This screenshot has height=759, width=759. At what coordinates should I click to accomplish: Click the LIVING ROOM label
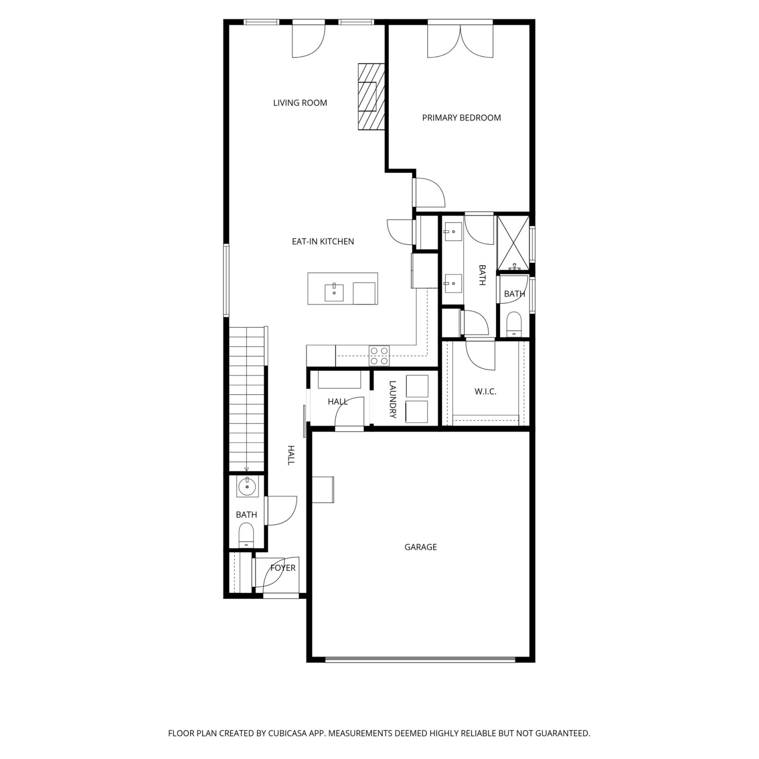pos(300,103)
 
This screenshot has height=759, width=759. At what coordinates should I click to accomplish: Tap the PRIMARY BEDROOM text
pos(461,118)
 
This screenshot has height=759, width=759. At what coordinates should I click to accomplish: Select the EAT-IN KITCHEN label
pos(323,241)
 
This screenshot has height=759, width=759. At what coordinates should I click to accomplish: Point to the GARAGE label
pos(420,547)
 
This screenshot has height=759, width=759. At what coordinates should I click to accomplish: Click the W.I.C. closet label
pos(485,391)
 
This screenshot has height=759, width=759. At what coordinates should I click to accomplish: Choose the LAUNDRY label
pos(393,400)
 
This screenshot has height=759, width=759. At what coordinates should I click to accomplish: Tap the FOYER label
pos(283,568)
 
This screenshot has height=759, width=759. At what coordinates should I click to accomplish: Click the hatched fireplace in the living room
pos(371,96)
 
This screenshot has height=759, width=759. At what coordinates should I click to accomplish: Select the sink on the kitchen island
pos(334,292)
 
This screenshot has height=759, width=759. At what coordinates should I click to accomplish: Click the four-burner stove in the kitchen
pos(379,356)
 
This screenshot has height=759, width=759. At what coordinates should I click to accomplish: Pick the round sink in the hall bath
pos(247,487)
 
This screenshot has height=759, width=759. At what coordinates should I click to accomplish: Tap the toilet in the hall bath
pos(246,535)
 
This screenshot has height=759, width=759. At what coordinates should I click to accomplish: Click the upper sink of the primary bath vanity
pos(453,232)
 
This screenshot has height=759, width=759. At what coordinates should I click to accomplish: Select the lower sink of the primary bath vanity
pos(453,283)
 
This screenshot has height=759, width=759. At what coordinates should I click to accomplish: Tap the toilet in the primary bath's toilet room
pos(514,324)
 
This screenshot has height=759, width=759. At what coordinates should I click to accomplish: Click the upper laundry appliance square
pos(417,386)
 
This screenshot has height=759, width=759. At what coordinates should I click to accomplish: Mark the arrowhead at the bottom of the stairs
pos(246,470)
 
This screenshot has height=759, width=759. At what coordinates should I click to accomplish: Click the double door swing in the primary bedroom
pos(460,41)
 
